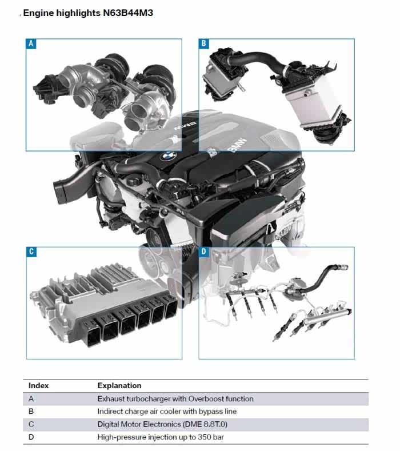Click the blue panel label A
(x=31, y=43)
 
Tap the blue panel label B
(x=203, y=43)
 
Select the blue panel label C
(x=31, y=252)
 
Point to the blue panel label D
(x=204, y=252)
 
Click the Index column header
(x=38, y=385)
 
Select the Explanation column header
(x=119, y=386)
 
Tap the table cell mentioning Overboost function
(x=175, y=399)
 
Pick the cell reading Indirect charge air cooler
(x=167, y=412)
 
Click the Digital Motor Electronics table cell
(x=162, y=424)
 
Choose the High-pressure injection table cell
(x=161, y=437)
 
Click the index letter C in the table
(x=31, y=424)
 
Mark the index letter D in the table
(x=31, y=437)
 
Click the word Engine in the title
(x=38, y=13)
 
